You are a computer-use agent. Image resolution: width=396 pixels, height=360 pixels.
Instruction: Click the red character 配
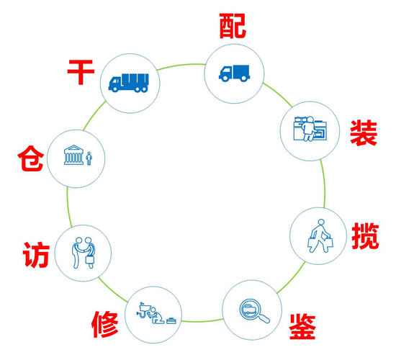233,26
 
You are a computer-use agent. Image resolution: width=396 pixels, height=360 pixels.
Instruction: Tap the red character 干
81,72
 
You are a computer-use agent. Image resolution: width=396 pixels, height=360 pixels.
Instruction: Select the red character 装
364,133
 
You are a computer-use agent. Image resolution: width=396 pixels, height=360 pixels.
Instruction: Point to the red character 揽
365,236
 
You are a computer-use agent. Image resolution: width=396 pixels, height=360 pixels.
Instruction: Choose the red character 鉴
302,326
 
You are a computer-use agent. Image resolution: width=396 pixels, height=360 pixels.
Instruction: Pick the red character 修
105,325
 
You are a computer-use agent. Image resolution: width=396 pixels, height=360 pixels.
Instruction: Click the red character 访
36,255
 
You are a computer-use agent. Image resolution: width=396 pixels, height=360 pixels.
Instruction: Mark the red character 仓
31,158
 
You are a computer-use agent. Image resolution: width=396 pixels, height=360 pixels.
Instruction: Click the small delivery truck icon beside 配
235,73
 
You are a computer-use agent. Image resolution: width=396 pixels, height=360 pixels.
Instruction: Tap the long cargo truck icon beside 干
129,83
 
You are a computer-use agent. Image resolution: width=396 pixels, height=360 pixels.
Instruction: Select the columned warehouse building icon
73,155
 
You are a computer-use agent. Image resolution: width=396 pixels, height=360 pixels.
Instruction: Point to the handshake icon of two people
84,253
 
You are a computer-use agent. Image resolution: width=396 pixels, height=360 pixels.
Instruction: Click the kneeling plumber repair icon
150,313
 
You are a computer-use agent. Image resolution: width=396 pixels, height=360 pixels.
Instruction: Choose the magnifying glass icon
254,311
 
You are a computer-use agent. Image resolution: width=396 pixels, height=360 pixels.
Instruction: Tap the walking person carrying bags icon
320,236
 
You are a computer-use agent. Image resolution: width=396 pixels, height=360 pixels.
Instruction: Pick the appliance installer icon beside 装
310,129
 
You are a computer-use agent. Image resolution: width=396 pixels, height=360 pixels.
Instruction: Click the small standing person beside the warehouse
89,158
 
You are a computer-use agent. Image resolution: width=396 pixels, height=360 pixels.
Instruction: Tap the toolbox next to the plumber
171,320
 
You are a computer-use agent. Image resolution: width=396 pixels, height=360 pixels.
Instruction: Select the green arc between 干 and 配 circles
181,66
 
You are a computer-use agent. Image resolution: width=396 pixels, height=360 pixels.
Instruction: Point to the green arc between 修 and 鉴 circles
202,321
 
